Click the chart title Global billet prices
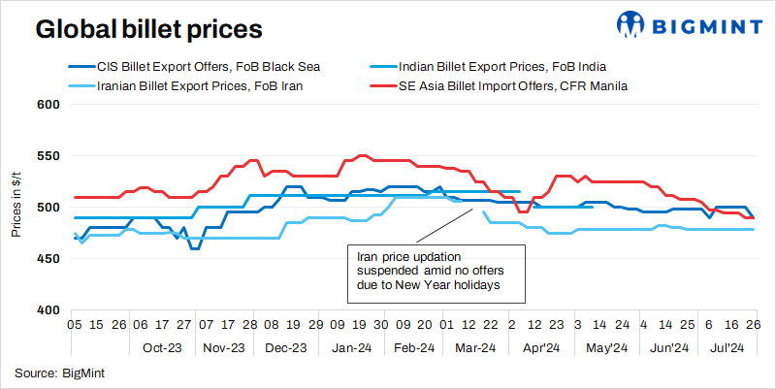148,29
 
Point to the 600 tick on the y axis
48,104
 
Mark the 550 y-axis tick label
48,155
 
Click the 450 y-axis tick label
48,258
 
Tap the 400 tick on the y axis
48,309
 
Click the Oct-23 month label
161,347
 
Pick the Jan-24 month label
350,347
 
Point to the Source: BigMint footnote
57,373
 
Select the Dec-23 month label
286,347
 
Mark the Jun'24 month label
667,347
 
